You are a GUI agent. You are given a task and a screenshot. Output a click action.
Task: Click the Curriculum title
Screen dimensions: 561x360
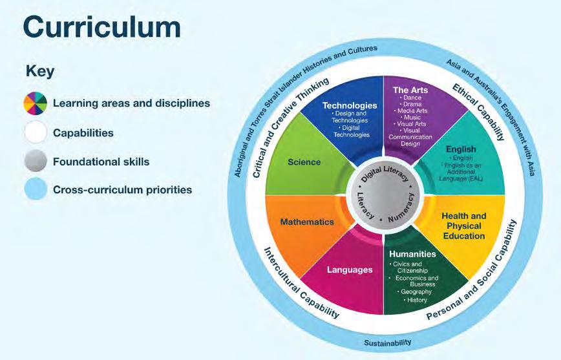coord(101,27)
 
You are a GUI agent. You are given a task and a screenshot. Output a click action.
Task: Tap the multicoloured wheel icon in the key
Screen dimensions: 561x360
coord(36,103)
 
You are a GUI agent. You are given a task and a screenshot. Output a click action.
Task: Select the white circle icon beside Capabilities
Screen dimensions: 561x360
coord(36,132)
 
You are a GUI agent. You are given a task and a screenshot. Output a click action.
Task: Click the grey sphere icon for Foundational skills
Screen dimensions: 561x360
coord(36,161)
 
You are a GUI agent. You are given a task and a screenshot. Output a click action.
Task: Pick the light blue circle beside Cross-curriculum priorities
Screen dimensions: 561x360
coord(36,189)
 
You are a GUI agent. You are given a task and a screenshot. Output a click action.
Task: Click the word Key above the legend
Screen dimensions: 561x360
coord(39,71)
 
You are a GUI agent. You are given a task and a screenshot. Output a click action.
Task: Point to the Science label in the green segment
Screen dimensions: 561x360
coord(304,162)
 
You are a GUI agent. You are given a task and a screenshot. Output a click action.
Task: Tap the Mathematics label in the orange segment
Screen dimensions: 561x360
coord(307,222)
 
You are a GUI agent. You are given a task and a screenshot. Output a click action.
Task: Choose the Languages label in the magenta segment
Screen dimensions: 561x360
coord(349,269)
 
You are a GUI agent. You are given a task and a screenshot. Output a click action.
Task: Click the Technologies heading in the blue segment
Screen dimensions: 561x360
coord(350,105)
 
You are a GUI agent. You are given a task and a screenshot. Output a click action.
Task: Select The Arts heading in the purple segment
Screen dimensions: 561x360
coord(410,90)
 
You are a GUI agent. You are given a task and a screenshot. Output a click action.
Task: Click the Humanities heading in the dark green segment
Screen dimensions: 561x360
coord(413,254)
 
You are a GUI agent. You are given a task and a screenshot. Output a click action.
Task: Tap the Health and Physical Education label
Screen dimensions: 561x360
coord(463,226)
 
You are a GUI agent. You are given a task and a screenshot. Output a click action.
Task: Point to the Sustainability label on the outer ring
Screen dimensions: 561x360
coord(387,343)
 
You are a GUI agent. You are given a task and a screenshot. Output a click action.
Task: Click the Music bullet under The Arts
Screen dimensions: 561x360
coord(412,118)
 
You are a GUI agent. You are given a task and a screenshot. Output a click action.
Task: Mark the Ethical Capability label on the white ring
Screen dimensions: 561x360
coord(479,111)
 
